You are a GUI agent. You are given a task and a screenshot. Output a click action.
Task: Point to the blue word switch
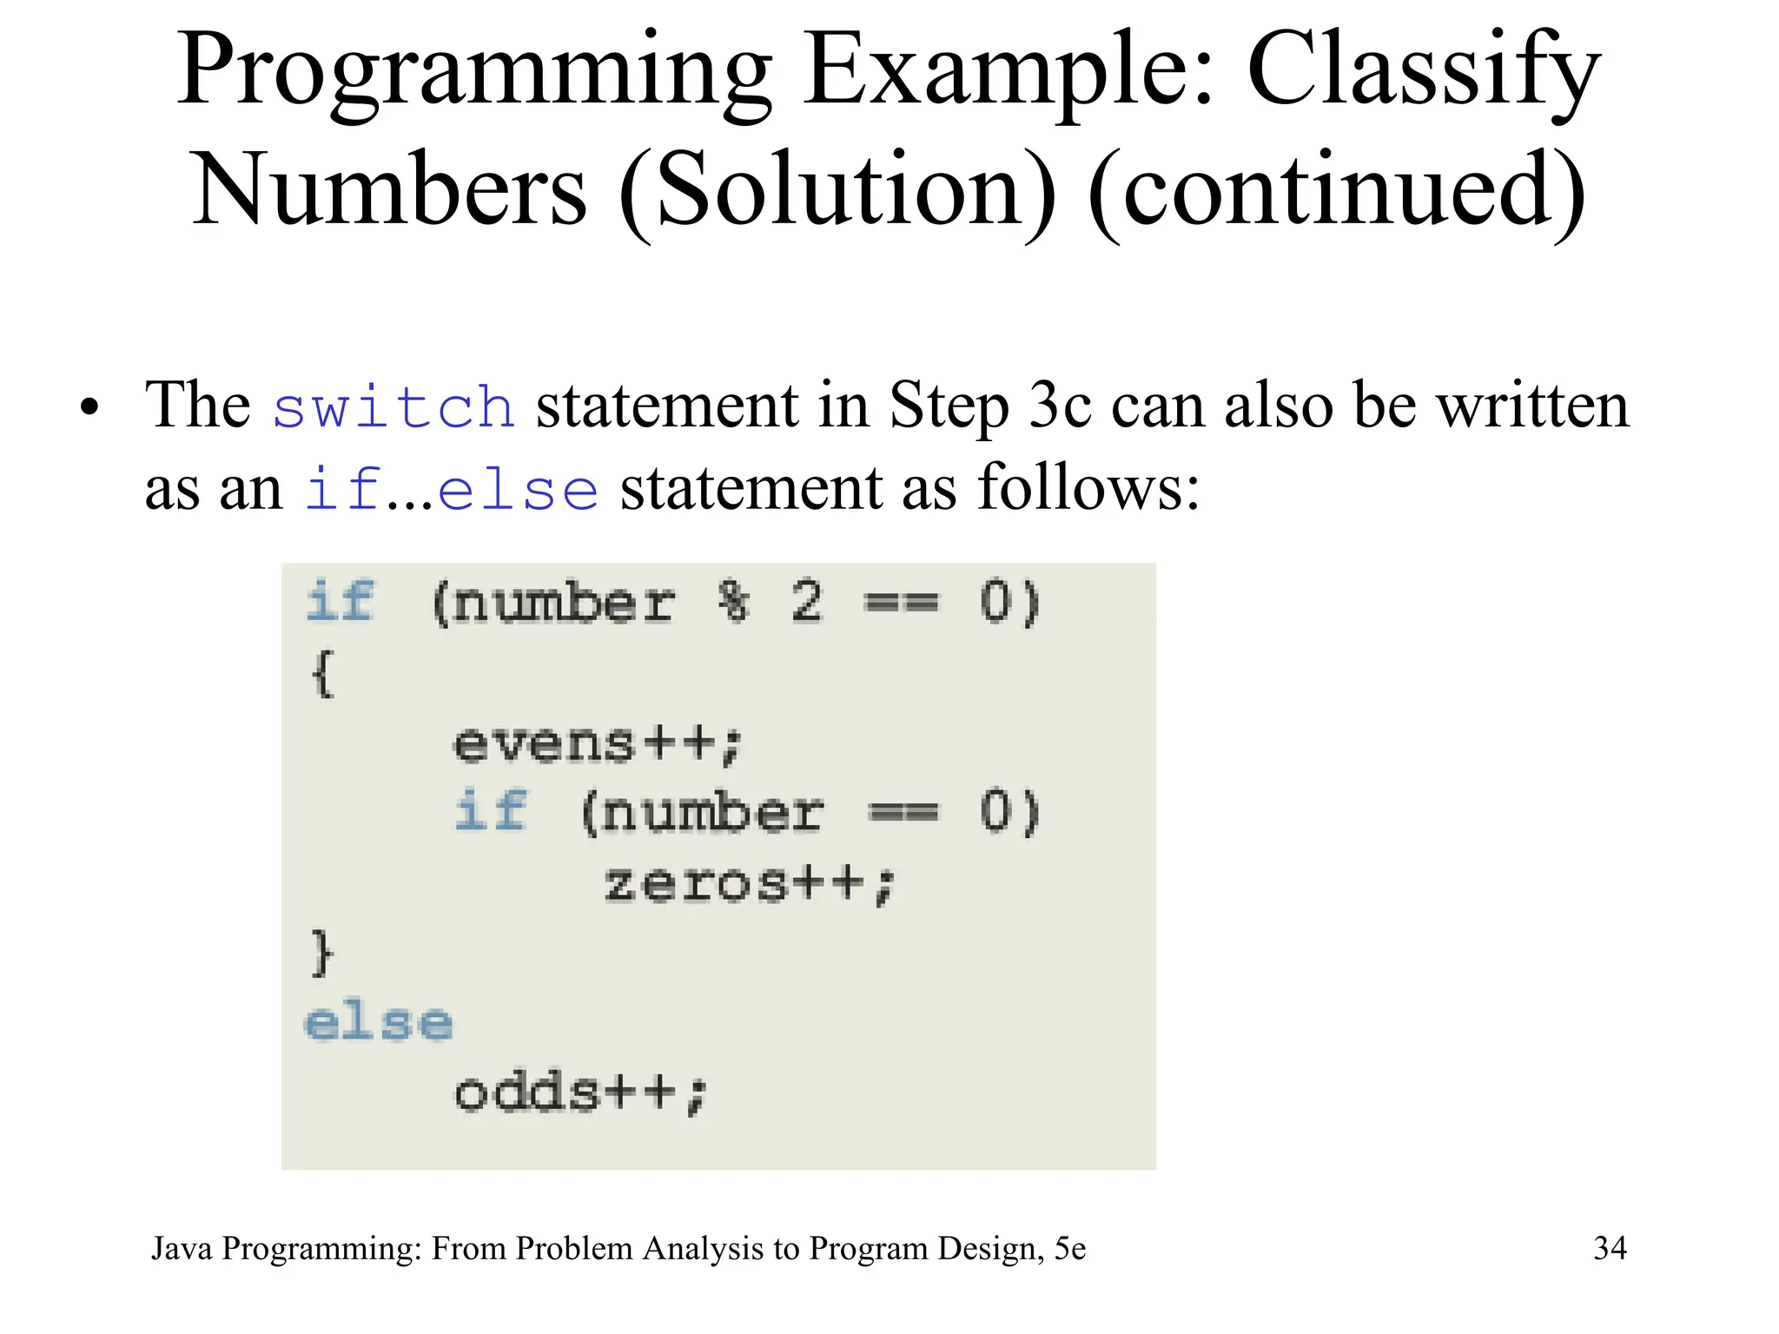pos(393,407)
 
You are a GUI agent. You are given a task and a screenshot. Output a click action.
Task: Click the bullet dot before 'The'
pos(89,408)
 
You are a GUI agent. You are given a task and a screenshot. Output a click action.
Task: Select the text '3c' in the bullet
pos(1059,406)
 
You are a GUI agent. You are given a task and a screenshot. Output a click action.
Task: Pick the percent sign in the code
pos(734,601)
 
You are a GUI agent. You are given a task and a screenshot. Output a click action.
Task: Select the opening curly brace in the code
pos(322,673)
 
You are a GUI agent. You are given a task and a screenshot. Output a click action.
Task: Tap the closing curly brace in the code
pos(322,953)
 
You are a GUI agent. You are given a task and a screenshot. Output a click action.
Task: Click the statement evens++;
pos(599,743)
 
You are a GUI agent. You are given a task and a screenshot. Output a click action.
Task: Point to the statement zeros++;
pos(750,884)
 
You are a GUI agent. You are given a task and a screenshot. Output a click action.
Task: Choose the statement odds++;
pos(581,1093)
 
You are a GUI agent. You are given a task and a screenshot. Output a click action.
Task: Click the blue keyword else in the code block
pos(379,1022)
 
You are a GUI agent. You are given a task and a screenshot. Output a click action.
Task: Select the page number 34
pos(1610,1248)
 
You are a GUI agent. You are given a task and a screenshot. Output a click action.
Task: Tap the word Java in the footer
pos(182,1249)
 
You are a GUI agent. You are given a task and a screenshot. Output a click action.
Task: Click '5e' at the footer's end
pos(1069,1248)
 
